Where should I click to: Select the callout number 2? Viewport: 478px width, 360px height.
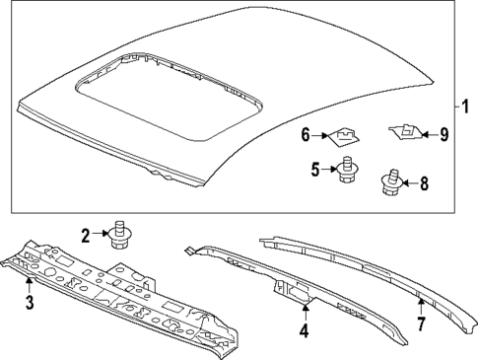tap(86, 235)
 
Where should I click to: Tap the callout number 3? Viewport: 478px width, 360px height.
tap(29, 303)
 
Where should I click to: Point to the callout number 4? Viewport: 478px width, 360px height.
tap(304, 331)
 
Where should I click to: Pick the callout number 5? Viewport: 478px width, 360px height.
tap(316, 170)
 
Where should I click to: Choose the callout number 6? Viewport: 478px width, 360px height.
tap(306, 134)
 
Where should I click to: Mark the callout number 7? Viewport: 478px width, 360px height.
tap(422, 324)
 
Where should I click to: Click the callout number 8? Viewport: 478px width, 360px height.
tap(424, 181)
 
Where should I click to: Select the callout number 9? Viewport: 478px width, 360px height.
tap(444, 134)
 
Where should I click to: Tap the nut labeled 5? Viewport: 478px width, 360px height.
tap(347, 170)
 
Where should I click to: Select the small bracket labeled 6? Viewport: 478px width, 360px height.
tap(343, 132)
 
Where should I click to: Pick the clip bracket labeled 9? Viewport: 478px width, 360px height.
tap(402, 128)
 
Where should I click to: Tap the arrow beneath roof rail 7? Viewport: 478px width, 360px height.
tap(421, 303)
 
